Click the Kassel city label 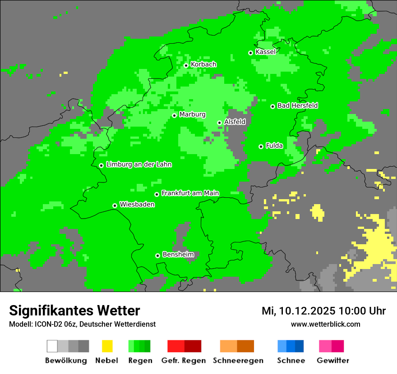[265, 52]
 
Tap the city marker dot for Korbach [186, 65]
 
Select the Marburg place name [192, 114]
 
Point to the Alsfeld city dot [219, 123]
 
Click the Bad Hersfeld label [297, 105]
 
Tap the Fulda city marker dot [261, 146]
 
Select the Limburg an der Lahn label [138, 164]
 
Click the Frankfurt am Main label [190, 193]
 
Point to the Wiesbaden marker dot [115, 205]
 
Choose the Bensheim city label [178, 255]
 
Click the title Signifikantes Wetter [74, 311]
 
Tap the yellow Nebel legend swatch [107, 346]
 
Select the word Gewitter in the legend [332, 360]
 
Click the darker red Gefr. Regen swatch [193, 346]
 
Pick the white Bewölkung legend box [52, 346]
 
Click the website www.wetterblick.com [325, 324]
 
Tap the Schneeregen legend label [238, 360]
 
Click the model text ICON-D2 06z [54, 324]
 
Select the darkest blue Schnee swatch [299, 346]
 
